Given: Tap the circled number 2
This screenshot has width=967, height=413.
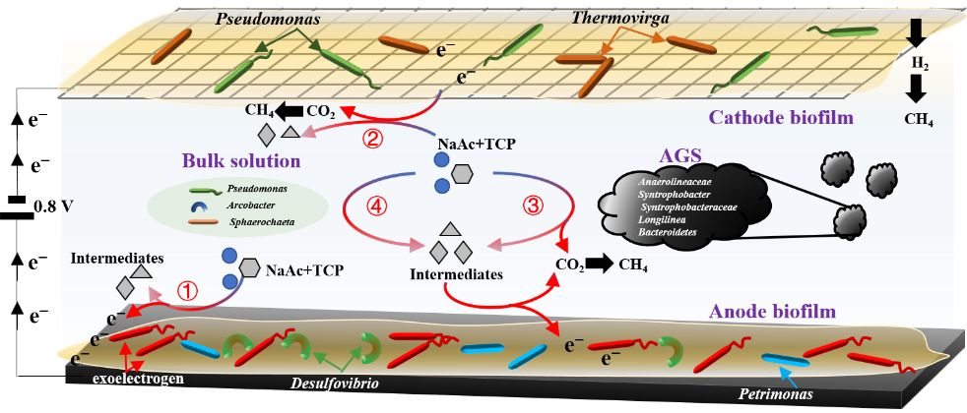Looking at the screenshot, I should click(x=372, y=139).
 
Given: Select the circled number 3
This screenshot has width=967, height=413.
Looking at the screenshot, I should click(x=532, y=206).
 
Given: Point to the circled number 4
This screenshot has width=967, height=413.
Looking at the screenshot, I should click(x=373, y=206).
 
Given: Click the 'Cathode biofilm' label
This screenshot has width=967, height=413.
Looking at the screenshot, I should click(x=780, y=119).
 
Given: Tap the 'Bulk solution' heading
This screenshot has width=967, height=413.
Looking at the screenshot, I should click(x=240, y=159).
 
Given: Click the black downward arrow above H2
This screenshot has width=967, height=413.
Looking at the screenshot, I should click(x=916, y=32).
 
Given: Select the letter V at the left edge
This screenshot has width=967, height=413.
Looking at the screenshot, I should click(x=66, y=207).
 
